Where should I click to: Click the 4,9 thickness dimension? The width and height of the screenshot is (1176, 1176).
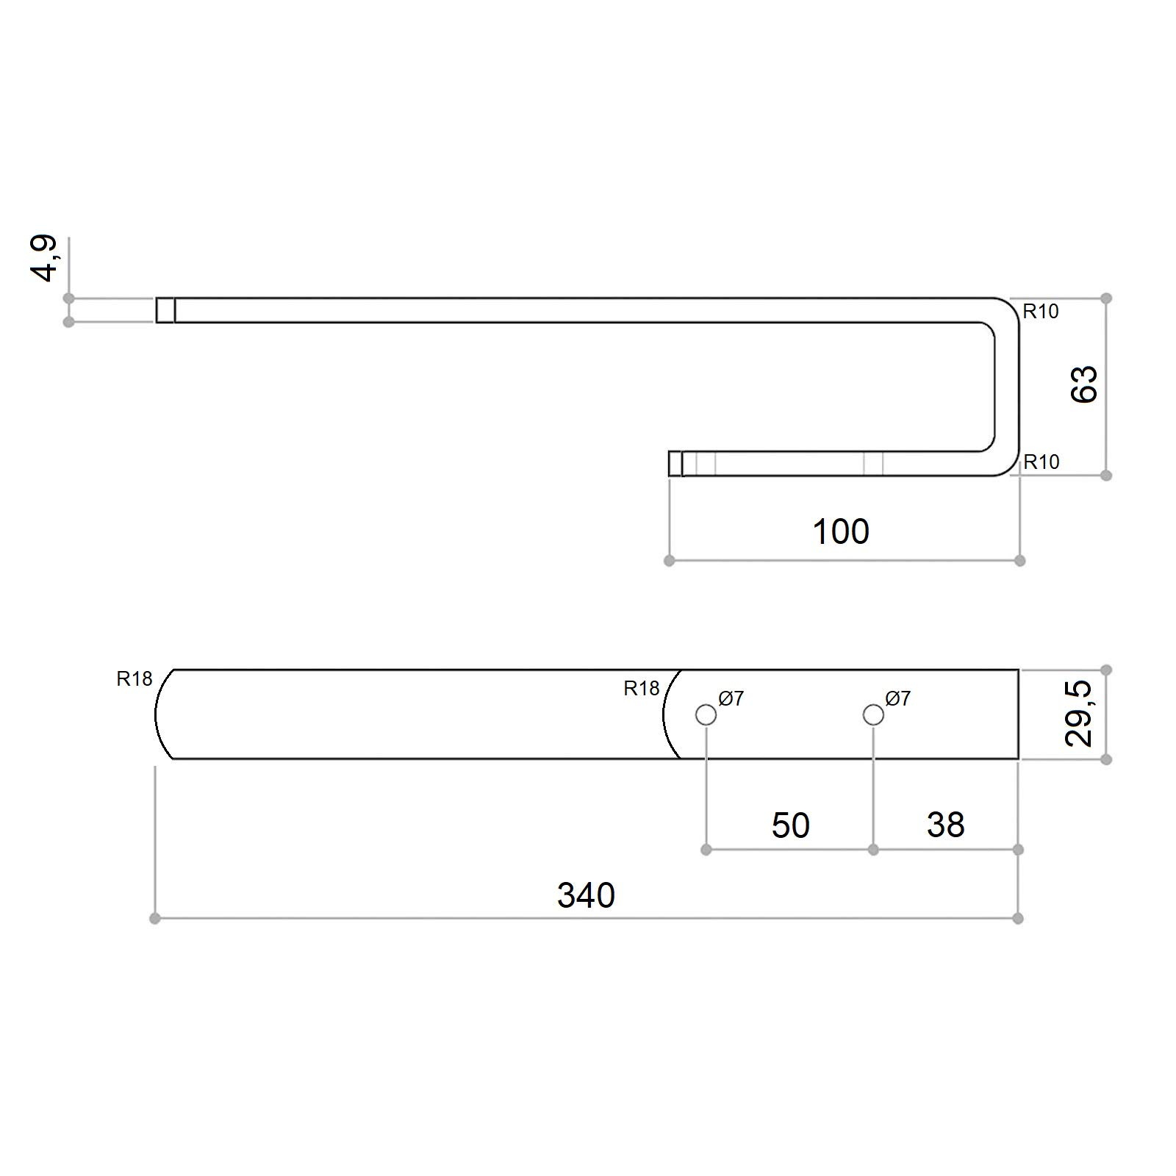click(44, 259)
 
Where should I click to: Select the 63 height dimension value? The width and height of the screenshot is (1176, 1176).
click(1083, 384)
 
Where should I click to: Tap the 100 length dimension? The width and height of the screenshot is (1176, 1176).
click(841, 531)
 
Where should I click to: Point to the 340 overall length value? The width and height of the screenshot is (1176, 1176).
click(585, 895)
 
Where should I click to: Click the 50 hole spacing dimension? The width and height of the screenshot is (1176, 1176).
click(790, 825)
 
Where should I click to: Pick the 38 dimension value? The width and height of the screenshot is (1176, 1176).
click(945, 825)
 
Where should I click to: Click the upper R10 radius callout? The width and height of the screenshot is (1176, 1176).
click(1041, 312)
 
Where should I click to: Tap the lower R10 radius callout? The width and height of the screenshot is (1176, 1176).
click(1041, 462)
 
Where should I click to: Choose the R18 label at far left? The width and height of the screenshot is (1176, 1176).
click(135, 679)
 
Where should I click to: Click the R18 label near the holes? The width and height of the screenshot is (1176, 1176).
click(641, 689)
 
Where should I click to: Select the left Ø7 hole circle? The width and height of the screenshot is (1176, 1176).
click(706, 714)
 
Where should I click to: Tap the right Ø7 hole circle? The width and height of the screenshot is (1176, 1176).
click(873, 714)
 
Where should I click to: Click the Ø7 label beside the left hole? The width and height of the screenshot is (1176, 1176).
click(731, 698)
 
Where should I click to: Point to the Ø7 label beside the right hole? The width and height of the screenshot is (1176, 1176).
click(898, 698)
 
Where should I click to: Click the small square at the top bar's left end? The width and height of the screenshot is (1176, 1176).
click(165, 310)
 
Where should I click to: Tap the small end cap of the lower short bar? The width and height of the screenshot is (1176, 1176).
click(675, 464)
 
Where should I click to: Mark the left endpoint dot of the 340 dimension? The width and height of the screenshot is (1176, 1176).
click(154, 919)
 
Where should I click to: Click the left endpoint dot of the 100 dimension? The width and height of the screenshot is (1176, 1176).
click(669, 561)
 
